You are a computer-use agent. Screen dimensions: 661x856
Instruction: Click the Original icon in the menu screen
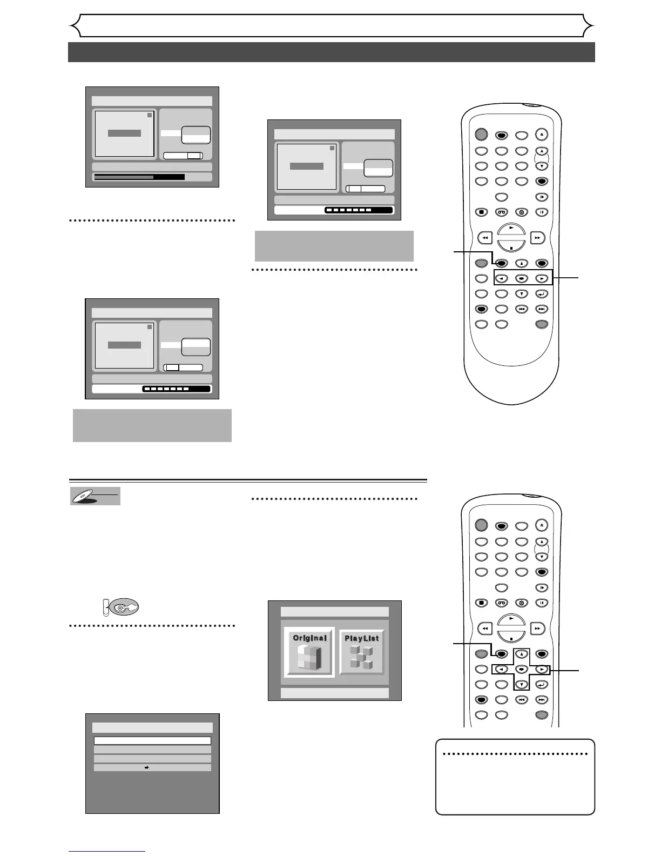[309, 652]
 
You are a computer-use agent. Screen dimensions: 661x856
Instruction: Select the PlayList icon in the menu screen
[362, 652]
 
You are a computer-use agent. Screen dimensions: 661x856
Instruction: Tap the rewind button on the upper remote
[485, 237]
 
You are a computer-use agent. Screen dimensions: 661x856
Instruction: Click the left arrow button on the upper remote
[501, 279]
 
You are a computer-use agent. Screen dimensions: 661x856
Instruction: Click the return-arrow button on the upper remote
[542, 294]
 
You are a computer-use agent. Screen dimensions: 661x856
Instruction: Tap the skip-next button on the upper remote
[542, 309]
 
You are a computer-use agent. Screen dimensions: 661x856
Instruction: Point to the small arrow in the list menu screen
[149, 767]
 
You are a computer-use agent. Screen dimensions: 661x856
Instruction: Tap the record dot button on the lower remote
[522, 603]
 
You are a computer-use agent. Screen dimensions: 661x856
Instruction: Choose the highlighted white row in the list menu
[152, 741]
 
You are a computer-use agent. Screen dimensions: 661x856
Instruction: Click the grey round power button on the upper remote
[481, 134]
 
